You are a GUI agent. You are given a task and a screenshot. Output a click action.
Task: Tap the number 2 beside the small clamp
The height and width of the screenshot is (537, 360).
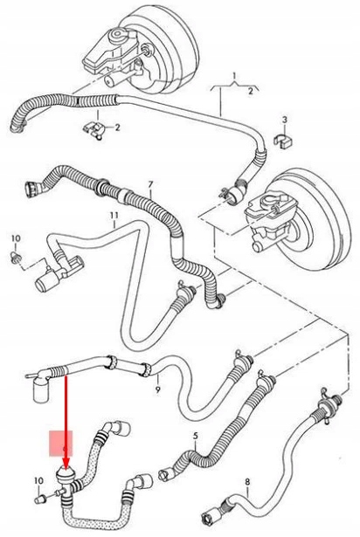coord(119,127)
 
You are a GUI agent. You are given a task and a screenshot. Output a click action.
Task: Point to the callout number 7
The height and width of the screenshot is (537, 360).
coord(149,185)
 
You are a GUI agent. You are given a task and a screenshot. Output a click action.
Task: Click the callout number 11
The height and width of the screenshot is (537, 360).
coord(113,215)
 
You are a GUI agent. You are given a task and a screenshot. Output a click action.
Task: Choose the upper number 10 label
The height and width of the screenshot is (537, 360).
coord(14,238)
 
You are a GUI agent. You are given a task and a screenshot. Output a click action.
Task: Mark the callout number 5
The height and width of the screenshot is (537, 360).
coord(195,435)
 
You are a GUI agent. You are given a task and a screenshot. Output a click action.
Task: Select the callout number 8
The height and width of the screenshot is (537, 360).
coord(246,481)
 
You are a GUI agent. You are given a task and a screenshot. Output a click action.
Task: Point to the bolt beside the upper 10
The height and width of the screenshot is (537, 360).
coord(16,258)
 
